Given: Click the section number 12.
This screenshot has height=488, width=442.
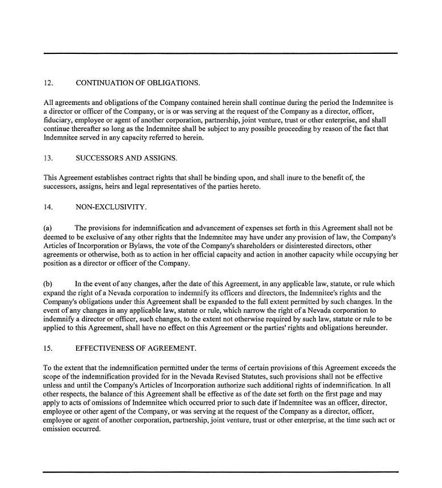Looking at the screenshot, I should click(x=48, y=83).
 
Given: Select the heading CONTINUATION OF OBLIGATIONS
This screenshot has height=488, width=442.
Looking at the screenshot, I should click(x=137, y=83).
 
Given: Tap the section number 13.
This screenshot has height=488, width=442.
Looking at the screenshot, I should click(x=48, y=158).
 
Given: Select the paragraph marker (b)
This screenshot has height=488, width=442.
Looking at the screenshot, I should click(x=48, y=284).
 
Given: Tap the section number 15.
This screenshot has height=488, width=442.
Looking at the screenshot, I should click(x=48, y=346).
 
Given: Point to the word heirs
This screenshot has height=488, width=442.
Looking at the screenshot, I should click(x=130, y=187).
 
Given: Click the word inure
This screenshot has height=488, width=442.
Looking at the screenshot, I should click(x=282, y=178).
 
